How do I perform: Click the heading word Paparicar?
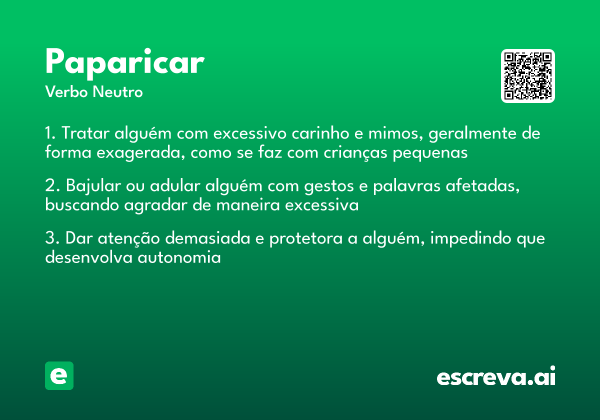pos(124,62)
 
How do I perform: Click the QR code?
pos(528,76)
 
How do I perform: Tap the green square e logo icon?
pos(59,375)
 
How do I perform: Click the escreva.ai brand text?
pos(496,377)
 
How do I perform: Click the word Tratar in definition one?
pos(86,134)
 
